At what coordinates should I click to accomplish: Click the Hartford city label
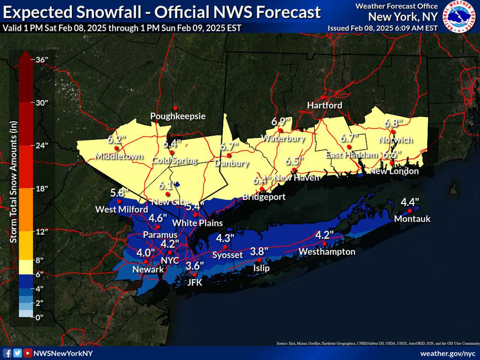(x=324, y=105)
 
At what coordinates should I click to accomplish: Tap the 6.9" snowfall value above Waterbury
(x=281, y=122)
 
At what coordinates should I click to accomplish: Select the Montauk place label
(x=412, y=219)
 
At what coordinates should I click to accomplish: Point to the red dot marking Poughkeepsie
(x=175, y=108)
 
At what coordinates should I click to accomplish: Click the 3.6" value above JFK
(x=195, y=266)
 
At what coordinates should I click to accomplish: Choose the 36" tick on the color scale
(x=42, y=60)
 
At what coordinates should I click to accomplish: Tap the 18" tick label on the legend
(x=42, y=189)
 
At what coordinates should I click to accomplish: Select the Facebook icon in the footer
(x=7, y=353)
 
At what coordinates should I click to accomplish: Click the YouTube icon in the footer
(x=27, y=353)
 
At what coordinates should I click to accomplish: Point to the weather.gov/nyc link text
(x=447, y=353)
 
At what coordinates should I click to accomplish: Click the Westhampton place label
(x=327, y=252)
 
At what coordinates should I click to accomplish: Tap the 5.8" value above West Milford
(x=119, y=193)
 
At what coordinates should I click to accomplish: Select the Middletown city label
(x=119, y=156)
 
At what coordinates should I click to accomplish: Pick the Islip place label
(x=261, y=268)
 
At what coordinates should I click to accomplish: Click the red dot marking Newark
(x=146, y=261)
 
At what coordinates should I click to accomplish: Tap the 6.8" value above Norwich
(x=393, y=123)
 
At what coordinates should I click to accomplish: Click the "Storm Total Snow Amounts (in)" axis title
(x=13, y=182)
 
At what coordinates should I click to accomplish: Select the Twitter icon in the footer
(x=17, y=353)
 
